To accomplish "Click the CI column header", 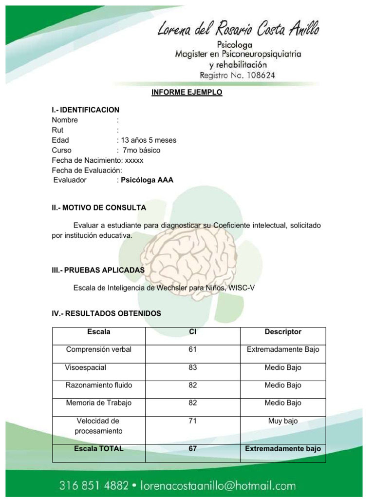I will point(192,332).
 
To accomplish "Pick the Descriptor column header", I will point(283,332).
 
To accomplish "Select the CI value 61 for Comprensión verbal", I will point(192,349).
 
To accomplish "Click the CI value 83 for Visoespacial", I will point(192,367).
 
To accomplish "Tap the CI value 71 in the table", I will point(192,421).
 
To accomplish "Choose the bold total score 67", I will point(192,449).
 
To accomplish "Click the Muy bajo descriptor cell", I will point(283,421).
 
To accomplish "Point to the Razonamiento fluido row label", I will point(99,385).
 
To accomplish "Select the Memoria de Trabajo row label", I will point(99,403).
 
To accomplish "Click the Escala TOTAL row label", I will point(99,449).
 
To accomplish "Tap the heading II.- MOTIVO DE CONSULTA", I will point(99,208).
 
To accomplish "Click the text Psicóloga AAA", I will point(147,180).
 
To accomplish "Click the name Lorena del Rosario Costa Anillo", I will point(238,30).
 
